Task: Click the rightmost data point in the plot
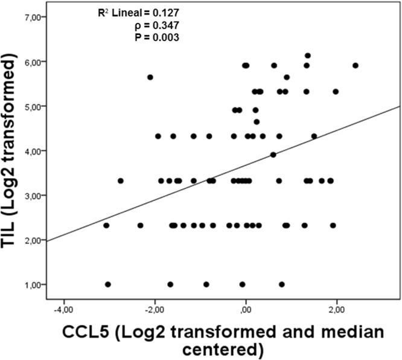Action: click(356, 65)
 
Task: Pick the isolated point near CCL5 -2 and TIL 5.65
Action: click(150, 77)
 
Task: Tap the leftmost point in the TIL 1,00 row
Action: click(108, 284)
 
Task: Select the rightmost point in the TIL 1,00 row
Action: click(282, 284)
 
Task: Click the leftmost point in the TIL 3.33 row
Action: click(121, 181)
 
